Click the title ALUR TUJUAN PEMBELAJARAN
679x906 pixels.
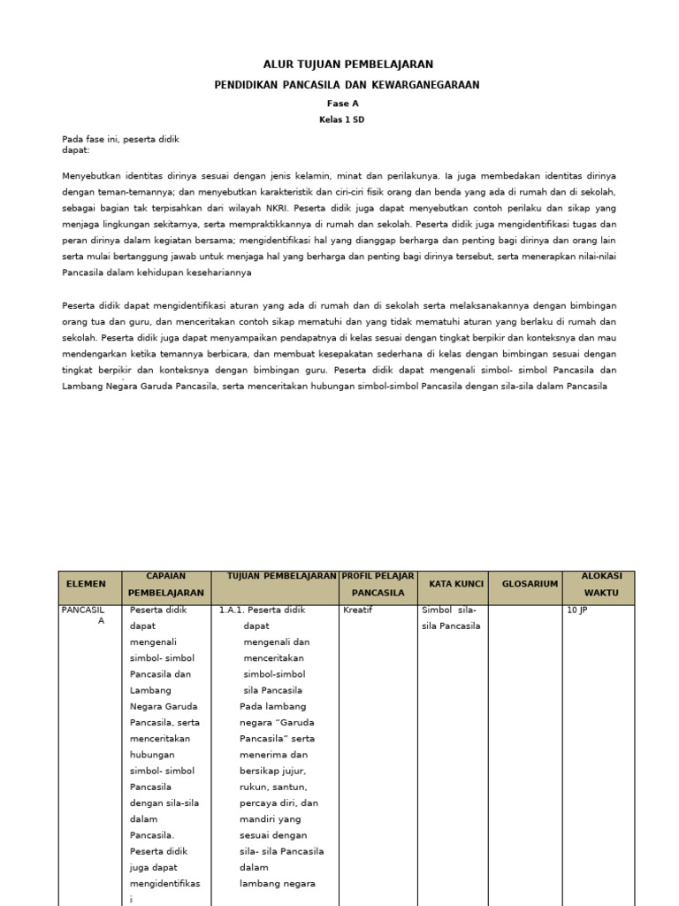[x=348, y=65]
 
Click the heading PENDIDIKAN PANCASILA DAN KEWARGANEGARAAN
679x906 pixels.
[x=347, y=85]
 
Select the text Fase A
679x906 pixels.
[x=342, y=104]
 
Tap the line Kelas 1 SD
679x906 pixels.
[x=341, y=120]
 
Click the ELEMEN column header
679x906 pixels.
[x=85, y=584]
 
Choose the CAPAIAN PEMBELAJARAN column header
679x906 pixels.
[x=166, y=584]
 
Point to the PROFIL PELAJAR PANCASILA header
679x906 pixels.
[x=378, y=584]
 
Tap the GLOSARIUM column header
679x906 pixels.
[x=530, y=584]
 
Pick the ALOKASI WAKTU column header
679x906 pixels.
[x=601, y=584]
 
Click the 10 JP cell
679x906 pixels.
[x=578, y=610]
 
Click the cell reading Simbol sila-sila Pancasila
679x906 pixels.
[x=451, y=618]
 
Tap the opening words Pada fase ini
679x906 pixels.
[x=91, y=139]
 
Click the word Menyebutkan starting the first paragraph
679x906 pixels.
[x=91, y=175]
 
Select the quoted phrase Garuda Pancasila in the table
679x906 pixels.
[x=265, y=731]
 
